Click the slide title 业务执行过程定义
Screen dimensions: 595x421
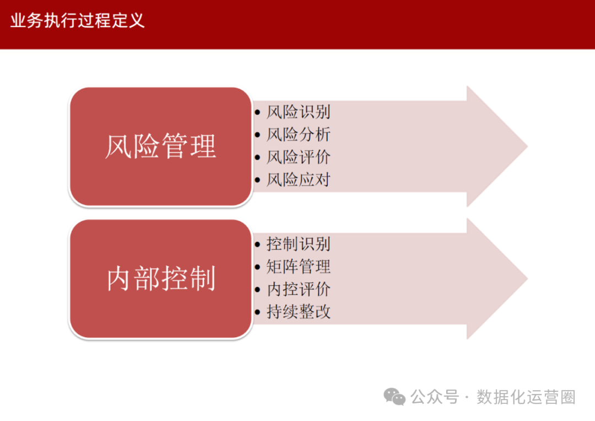coord(77,21)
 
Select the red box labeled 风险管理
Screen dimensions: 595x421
coord(160,147)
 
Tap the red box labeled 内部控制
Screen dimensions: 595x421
coord(160,279)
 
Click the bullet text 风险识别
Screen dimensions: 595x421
coord(298,112)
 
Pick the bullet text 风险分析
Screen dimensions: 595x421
coord(298,135)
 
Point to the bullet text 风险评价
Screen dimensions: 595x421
coord(298,157)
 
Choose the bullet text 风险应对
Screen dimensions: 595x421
coord(298,180)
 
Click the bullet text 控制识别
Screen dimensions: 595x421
coord(298,244)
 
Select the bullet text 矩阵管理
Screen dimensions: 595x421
coord(298,267)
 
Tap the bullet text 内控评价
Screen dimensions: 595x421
coord(298,290)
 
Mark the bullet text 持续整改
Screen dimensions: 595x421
coord(298,312)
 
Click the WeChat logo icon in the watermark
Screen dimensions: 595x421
coord(394,396)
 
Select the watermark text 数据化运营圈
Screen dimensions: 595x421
coord(526,397)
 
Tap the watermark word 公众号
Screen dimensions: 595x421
coord(435,397)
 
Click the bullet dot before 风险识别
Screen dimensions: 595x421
coord(258,113)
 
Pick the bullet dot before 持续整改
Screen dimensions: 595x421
coord(258,312)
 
